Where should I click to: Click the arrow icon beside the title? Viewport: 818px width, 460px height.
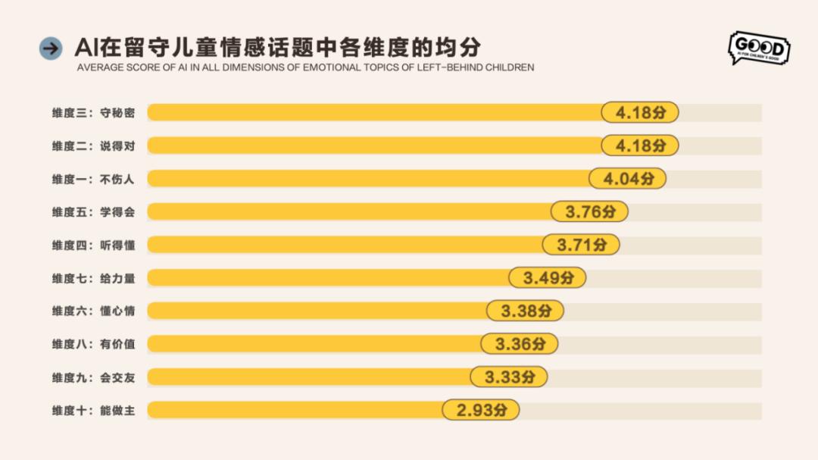[x=51, y=49]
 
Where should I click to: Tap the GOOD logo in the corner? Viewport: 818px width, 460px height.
[x=758, y=48]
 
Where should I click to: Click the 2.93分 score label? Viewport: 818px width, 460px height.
[x=481, y=410]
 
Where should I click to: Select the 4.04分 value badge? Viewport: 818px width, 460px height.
[x=627, y=179]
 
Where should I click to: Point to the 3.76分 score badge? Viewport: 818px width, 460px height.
[x=589, y=211]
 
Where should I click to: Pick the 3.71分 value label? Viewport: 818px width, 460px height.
[x=581, y=245]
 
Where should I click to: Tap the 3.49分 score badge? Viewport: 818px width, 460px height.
[x=548, y=278]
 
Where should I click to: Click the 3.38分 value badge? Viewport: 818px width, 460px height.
[x=526, y=311]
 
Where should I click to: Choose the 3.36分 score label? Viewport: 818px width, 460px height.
[x=520, y=344]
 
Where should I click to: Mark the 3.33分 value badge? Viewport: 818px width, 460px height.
[x=509, y=377]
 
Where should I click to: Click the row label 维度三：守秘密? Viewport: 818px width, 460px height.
[x=93, y=113]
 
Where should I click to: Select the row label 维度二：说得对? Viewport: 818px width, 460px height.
[x=93, y=146]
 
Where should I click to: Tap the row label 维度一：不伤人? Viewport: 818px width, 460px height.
[x=93, y=179]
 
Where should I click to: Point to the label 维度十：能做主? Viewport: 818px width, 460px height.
[x=93, y=410]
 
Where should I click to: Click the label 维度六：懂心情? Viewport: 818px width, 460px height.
[x=93, y=311]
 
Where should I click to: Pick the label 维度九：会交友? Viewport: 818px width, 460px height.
[x=93, y=377]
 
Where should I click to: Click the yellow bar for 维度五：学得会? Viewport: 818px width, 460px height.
[x=348, y=211]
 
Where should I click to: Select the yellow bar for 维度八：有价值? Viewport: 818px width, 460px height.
[x=314, y=344]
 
